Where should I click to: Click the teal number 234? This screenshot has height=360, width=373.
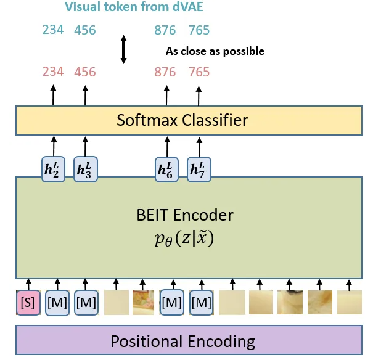coord(53,30)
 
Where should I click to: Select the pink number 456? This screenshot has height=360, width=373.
coord(85,72)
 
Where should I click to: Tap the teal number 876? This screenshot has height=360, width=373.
coord(166,30)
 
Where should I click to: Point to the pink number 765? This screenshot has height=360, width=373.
coord(199,72)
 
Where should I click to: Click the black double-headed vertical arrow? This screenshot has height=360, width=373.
coord(123,50)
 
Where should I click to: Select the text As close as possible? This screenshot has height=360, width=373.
coord(215,51)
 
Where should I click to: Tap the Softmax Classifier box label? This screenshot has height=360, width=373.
coord(182,120)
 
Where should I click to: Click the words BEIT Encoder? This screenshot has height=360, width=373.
coord(185,215)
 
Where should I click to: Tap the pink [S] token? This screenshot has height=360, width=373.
coord(27,303)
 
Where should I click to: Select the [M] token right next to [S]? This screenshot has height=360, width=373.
coord(57,303)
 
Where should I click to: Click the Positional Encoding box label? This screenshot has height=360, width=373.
coord(182,341)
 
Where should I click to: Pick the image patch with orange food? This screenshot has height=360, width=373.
coord(143,303)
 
